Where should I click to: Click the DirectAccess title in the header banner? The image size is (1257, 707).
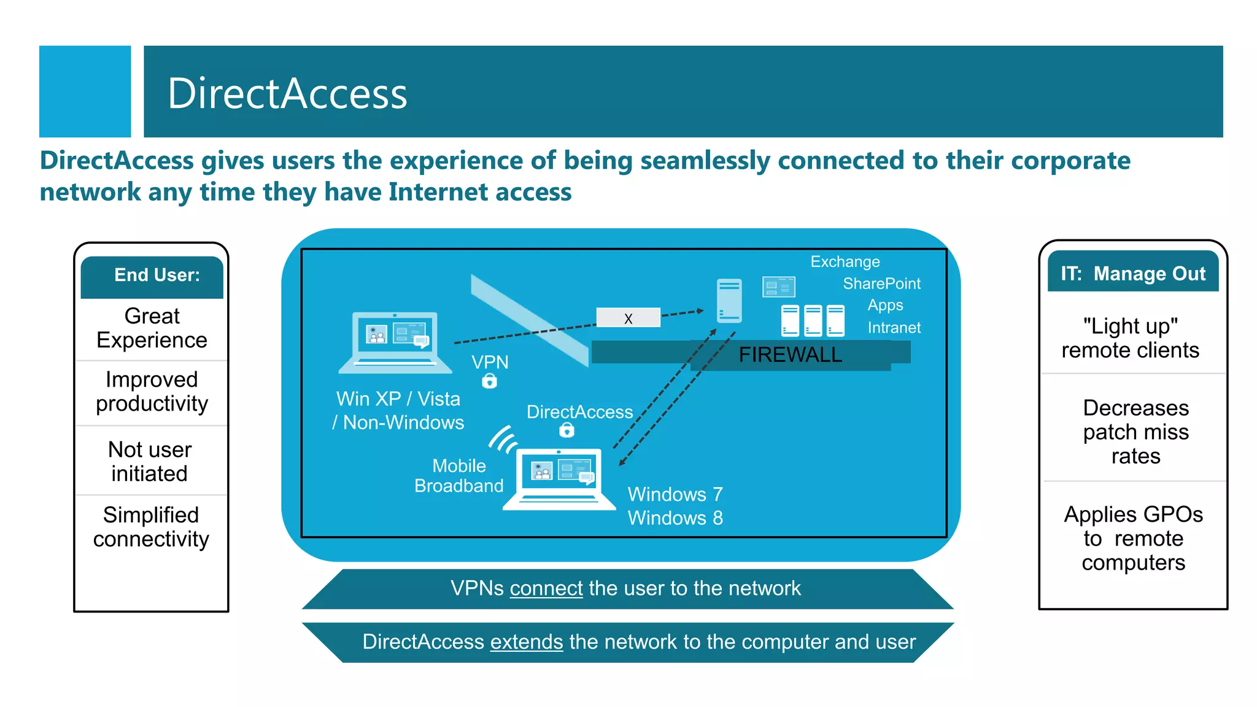click(287, 93)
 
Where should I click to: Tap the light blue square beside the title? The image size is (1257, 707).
click(85, 91)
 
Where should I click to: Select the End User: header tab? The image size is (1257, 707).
click(157, 275)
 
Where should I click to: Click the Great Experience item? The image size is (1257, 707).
click(152, 328)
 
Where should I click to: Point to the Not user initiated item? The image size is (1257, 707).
click(150, 462)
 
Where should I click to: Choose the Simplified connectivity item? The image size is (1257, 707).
click(151, 527)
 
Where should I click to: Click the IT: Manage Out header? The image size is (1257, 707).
click(1133, 273)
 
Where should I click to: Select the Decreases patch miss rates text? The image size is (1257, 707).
click(1135, 431)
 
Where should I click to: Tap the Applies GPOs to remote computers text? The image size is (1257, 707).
click(1133, 538)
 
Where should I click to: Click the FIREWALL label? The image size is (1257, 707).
click(790, 355)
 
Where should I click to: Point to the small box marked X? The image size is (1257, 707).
click(628, 318)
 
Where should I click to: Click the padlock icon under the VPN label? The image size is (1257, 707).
click(489, 382)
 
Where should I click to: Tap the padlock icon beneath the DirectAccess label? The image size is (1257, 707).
click(567, 431)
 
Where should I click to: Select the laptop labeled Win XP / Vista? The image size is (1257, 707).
click(395, 342)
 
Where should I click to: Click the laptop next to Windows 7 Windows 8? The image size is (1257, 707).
click(559, 479)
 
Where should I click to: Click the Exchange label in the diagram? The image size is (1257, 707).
click(845, 261)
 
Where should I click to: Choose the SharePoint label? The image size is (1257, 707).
click(881, 284)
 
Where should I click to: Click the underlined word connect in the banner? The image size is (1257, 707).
click(546, 589)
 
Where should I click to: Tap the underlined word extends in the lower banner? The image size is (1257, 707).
click(526, 642)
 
